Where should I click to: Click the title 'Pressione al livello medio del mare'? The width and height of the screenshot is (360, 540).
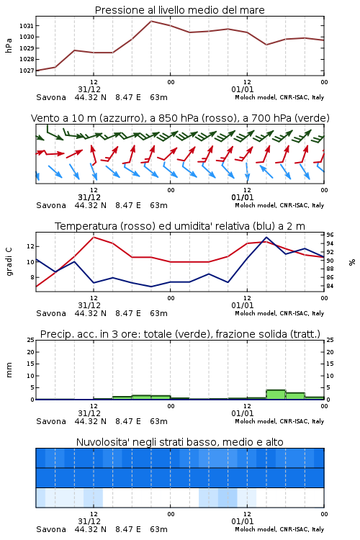pyautogui.click(x=179, y=10)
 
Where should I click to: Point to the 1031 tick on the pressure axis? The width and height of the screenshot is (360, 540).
pyautogui.click(x=26, y=26)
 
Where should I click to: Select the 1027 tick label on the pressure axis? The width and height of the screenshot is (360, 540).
pyautogui.click(x=26, y=71)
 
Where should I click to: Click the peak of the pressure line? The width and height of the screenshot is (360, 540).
pyautogui.click(x=151, y=21)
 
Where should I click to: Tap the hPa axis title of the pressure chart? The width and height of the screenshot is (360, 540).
pyautogui.click(x=9, y=45)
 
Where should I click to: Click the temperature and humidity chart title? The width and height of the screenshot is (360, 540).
pyautogui.click(x=180, y=226)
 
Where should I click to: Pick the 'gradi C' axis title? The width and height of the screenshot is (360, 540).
pyautogui.click(x=9, y=261)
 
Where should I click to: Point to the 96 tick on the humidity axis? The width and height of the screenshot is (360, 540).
pyautogui.click(x=330, y=235)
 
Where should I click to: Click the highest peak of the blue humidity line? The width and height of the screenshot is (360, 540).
pyautogui.click(x=266, y=237)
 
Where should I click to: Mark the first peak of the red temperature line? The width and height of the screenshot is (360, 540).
pyautogui.click(x=94, y=237)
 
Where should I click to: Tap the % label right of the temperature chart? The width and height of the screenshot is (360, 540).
pyautogui.click(x=352, y=262)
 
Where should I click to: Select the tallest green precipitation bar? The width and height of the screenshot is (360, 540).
pyautogui.click(x=276, y=395)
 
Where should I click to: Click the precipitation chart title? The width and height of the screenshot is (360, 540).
pyautogui.click(x=180, y=334)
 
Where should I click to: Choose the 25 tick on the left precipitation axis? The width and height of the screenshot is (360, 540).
pyautogui.click(x=31, y=340)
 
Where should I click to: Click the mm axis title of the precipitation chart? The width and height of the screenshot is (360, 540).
pyautogui.click(x=9, y=370)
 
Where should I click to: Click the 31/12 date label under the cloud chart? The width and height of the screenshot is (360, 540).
pyautogui.click(x=89, y=521)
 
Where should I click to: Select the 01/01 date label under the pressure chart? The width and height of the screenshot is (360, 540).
pyautogui.click(x=243, y=89)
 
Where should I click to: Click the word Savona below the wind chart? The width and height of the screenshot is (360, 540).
pyautogui.click(x=51, y=205)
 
